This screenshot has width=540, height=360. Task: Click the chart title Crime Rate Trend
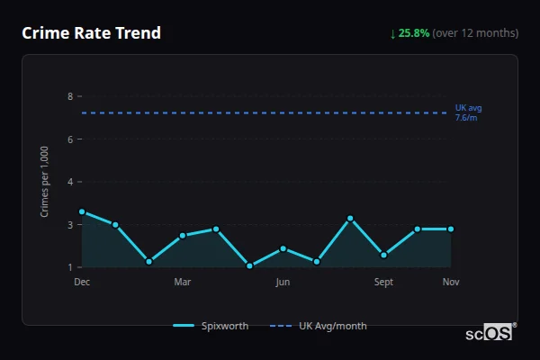click(91, 33)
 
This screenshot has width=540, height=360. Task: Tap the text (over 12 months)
click(475, 33)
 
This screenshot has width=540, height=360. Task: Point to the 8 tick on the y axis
click(70, 96)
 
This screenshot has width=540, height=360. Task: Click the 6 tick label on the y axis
click(70, 139)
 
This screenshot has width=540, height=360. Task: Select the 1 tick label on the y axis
click(70, 267)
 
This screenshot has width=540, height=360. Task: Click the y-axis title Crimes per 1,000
click(45, 181)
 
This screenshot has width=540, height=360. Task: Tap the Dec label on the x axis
click(82, 283)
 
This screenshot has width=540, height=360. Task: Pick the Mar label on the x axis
click(183, 283)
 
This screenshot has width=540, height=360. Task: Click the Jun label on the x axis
click(283, 283)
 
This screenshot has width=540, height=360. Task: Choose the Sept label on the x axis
click(383, 283)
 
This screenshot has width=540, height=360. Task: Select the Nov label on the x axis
click(451, 283)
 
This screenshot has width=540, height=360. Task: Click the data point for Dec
click(82, 212)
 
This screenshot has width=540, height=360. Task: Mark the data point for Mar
click(183, 236)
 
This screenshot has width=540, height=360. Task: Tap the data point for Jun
click(283, 248)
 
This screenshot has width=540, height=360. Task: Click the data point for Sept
click(383, 255)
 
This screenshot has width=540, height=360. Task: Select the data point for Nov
click(451, 229)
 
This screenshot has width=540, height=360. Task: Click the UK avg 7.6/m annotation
click(468, 112)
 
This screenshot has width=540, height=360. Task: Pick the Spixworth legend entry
click(211, 326)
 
